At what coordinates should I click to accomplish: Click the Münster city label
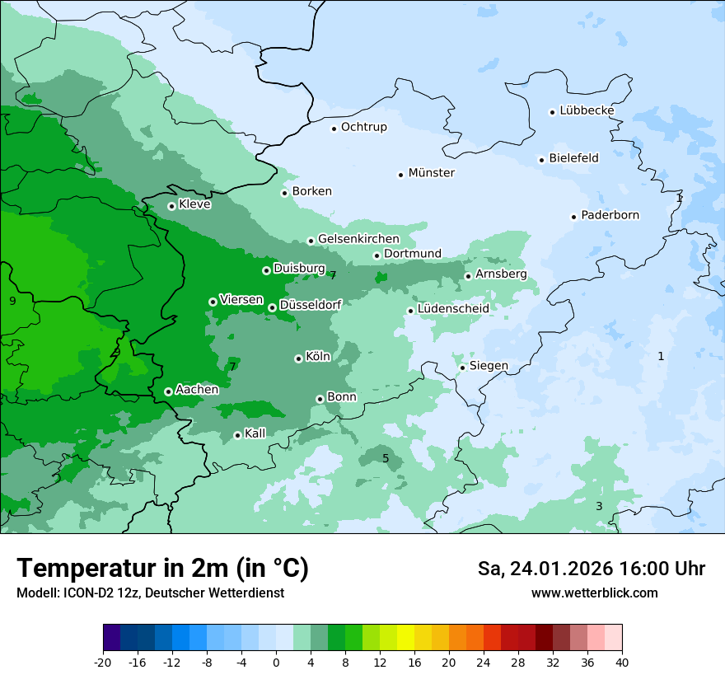(431, 173)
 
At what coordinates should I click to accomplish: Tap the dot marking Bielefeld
(542, 160)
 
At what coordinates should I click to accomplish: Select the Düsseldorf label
(311, 305)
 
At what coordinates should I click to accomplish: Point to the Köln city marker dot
(298, 358)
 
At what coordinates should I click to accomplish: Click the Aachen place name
(197, 389)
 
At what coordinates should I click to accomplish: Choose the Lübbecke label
(587, 110)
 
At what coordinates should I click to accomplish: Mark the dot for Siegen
(463, 368)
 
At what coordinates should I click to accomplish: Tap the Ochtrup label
(363, 127)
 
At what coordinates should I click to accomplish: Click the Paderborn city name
(610, 215)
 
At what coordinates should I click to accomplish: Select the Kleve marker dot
(171, 206)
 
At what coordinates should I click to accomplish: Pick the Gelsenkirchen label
(358, 239)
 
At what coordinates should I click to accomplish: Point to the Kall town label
(255, 433)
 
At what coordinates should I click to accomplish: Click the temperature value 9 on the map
(12, 301)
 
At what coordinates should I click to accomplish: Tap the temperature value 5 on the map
(386, 458)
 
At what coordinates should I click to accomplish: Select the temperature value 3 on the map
(599, 506)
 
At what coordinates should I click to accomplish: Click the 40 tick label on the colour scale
(622, 662)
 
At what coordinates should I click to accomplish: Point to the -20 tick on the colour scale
(103, 662)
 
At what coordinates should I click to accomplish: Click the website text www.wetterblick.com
(594, 593)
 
